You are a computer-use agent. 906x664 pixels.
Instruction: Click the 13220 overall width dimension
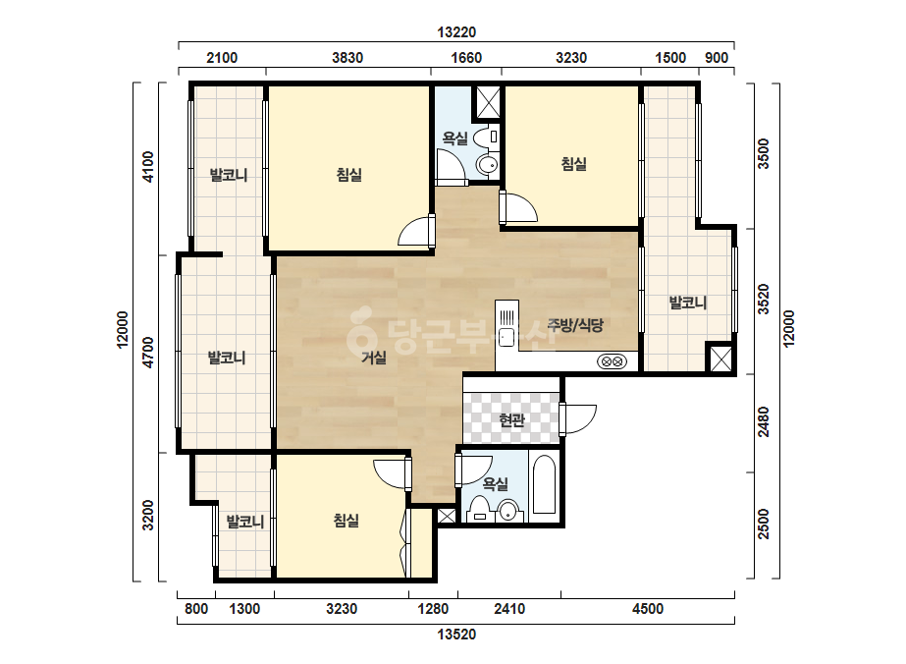coord(456,32)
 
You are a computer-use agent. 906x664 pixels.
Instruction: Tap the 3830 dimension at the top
coord(347,58)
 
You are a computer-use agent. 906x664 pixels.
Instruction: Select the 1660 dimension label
coord(465,58)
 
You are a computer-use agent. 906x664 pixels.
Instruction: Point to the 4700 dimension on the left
coord(148,353)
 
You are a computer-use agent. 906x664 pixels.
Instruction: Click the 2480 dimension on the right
coord(764,422)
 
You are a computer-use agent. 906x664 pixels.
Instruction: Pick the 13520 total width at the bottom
coord(456,635)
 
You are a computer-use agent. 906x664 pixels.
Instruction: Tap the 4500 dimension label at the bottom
coord(648,608)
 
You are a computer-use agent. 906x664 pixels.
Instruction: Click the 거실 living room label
coord(374,358)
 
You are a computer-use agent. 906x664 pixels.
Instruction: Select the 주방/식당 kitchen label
coord(575,325)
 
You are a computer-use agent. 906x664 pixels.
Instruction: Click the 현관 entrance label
coord(511,420)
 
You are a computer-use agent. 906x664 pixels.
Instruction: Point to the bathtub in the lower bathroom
coord(544,484)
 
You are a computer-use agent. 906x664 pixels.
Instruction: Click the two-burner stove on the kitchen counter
coord(612,362)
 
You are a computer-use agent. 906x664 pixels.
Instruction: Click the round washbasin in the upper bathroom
coord(488,165)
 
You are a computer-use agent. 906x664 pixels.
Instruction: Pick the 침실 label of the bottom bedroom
coord(346,521)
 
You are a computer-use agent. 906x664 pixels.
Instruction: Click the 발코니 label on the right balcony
coord(687,303)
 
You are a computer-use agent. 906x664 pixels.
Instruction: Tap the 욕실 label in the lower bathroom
coord(495,484)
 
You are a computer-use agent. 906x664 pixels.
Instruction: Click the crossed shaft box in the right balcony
coord(720,360)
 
